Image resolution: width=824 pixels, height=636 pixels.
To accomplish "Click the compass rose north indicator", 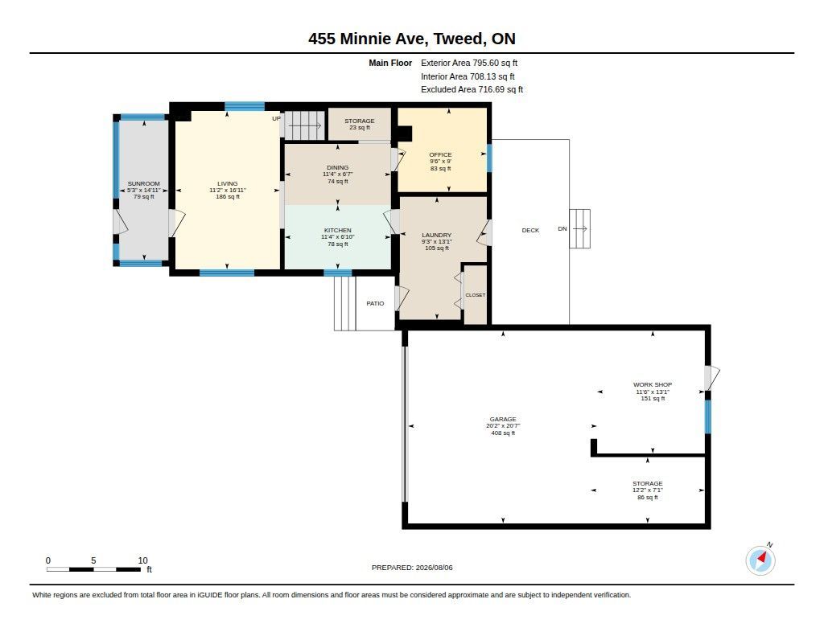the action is click(x=760, y=560).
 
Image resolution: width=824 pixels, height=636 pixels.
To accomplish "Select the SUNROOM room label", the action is click(x=143, y=184).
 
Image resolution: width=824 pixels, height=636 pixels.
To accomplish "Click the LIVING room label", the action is click(x=228, y=184).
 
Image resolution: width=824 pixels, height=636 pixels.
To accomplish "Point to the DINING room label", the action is click(x=337, y=167).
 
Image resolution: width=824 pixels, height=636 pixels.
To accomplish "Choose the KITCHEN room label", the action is click(x=337, y=230).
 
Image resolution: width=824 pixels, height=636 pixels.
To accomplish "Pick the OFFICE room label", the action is click(x=440, y=154).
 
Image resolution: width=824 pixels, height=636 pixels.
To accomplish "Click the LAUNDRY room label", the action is click(x=437, y=235).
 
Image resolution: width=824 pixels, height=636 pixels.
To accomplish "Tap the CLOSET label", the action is click(x=476, y=295).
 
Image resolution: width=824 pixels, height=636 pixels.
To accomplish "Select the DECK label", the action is click(x=530, y=230).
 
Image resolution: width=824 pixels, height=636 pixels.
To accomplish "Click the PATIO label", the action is click(x=375, y=303).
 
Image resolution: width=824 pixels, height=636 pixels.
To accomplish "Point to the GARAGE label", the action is click(x=503, y=419).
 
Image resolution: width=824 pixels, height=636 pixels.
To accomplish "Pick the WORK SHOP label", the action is click(x=653, y=384).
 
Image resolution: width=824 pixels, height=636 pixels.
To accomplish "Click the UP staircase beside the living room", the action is click(x=305, y=125).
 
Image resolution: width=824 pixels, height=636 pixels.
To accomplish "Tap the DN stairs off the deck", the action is click(x=579, y=229).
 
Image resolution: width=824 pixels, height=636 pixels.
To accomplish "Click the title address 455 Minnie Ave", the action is click(x=367, y=39).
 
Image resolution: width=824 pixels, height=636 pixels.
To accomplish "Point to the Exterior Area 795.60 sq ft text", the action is click(x=469, y=63).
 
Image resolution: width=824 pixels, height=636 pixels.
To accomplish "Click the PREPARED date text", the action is click(x=412, y=567).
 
